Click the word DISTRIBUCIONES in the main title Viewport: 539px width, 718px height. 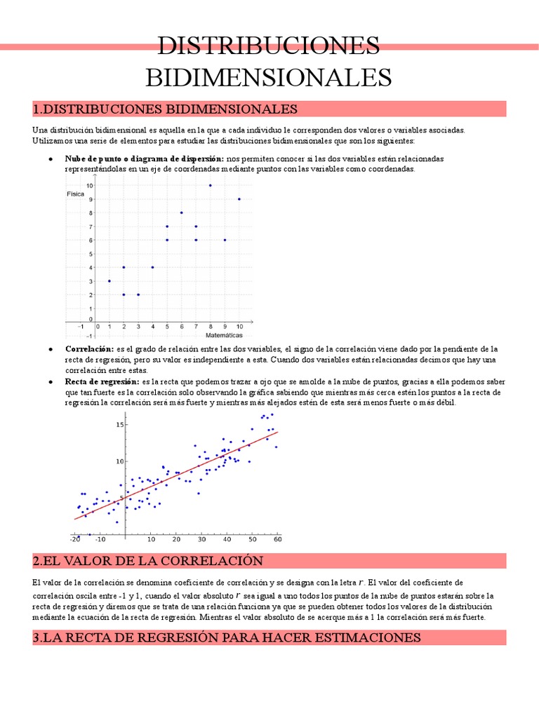pos(269,46)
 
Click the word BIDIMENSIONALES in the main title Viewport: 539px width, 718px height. pos(269,76)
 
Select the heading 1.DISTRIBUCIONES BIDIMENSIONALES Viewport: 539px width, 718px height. pos(165,109)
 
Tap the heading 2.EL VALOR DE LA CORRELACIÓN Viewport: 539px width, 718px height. pos(147,561)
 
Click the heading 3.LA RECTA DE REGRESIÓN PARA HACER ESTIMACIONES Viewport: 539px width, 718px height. pos(227,637)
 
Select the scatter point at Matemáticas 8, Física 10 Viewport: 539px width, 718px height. pos(210,186)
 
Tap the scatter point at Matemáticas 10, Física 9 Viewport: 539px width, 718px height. pos(239,199)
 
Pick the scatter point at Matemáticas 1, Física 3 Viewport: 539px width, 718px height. pos(109,280)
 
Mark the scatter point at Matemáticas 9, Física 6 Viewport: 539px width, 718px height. pos(225,240)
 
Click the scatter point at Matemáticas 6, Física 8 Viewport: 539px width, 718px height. pos(181,212)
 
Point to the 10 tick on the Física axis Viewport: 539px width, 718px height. pos(88,186)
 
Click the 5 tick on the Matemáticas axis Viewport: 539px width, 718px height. pos(167,327)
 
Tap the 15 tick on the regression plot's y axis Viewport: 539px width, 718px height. pos(119,424)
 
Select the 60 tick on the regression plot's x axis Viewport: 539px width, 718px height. pos(277,540)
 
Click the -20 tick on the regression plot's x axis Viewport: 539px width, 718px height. pos(74,540)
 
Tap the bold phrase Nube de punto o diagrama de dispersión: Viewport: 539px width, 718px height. pos(144,159)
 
